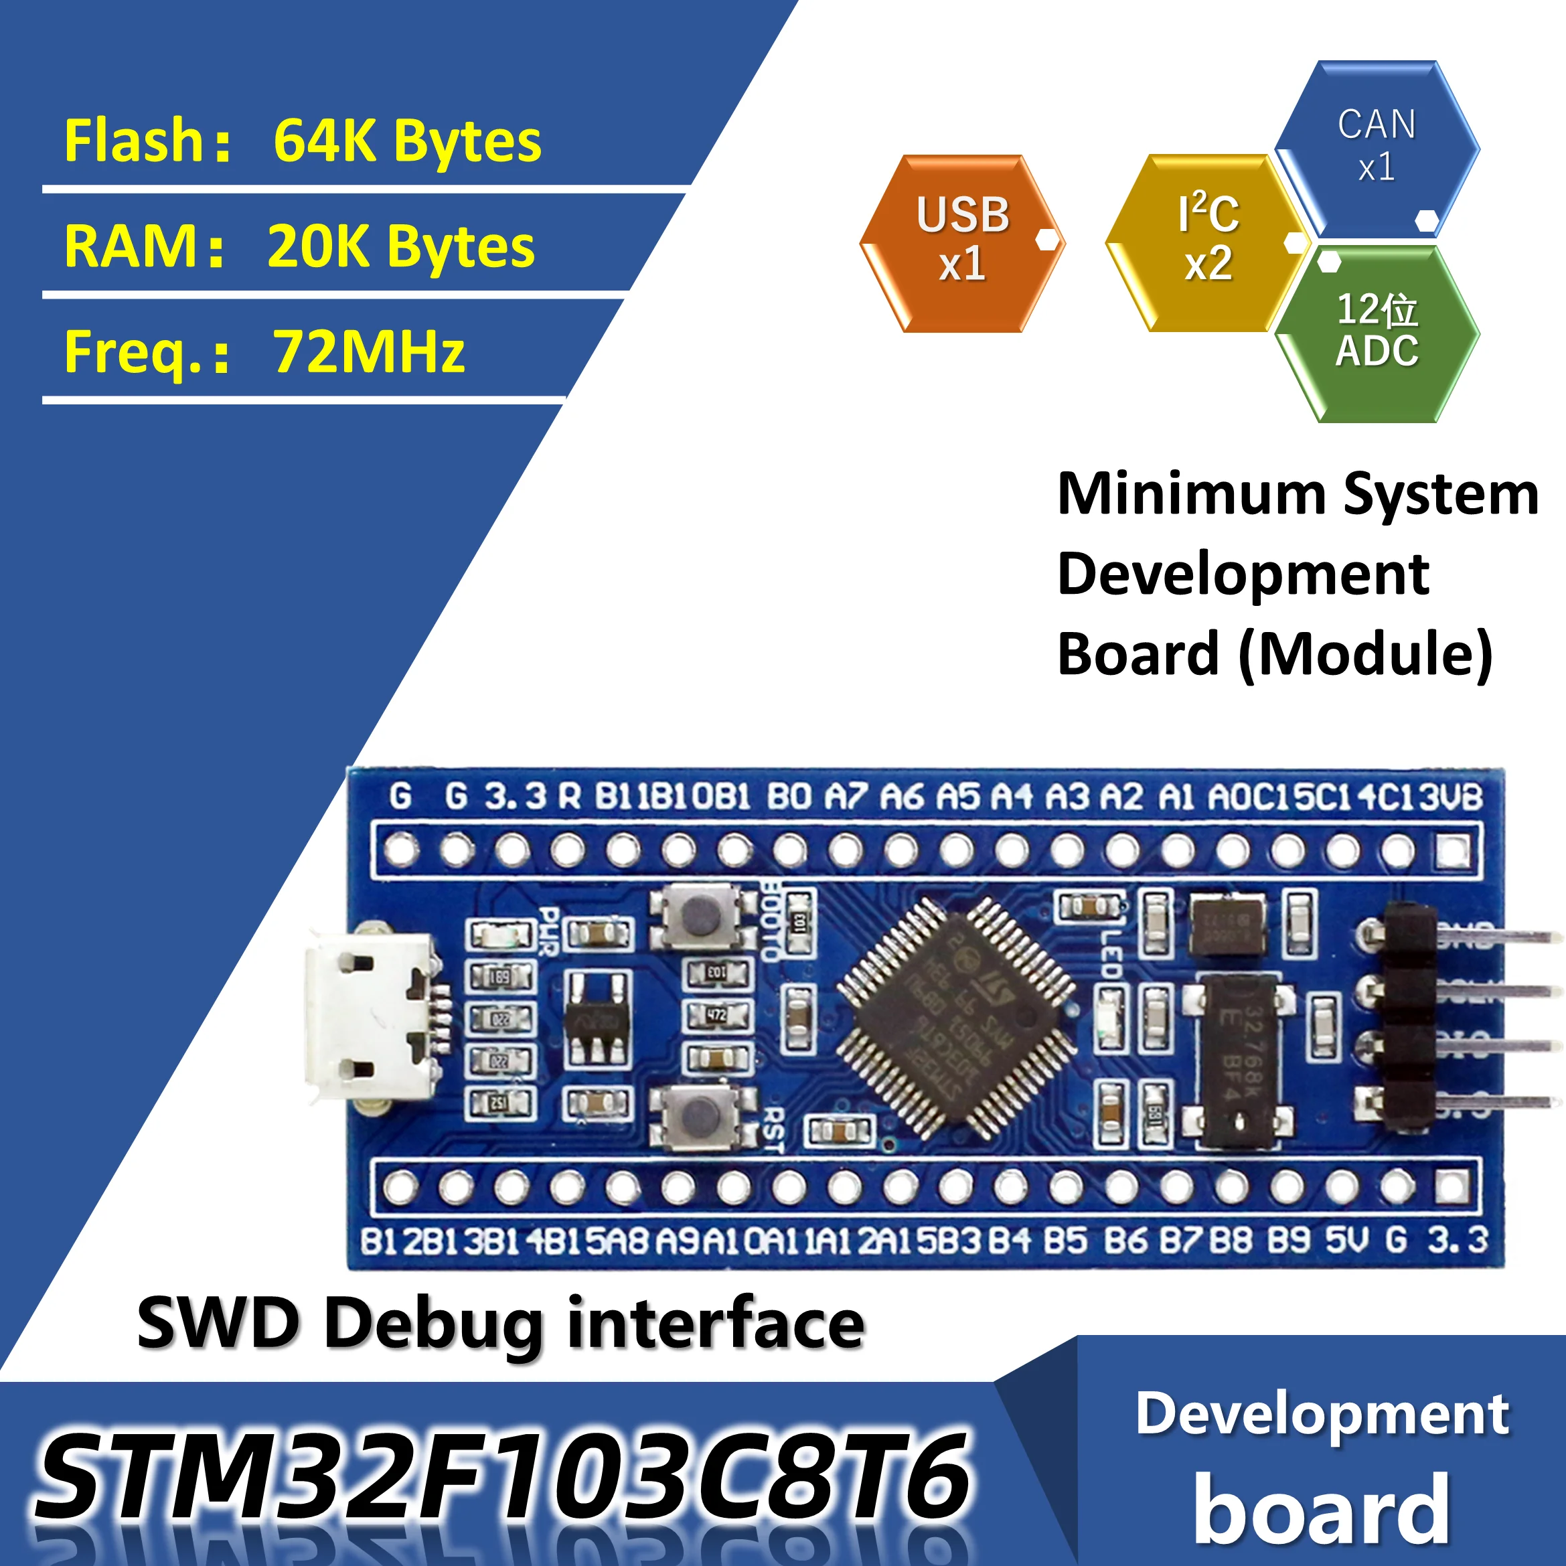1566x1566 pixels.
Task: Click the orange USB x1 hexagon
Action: [x=962, y=243]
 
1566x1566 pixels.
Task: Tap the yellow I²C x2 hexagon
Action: [x=1208, y=243]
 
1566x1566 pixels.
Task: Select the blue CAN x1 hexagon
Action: [x=1377, y=147]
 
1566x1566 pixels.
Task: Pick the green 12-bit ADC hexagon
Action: [x=1377, y=332]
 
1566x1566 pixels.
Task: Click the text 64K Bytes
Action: [x=407, y=141]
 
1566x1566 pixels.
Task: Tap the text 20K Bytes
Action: [x=400, y=246]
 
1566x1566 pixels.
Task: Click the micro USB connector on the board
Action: [x=369, y=1016]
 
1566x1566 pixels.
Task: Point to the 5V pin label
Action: [x=1346, y=1240]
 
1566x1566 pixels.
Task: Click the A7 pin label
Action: [x=846, y=797]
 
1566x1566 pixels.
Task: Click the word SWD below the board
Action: [x=217, y=1324]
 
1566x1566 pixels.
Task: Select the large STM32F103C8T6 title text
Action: [x=503, y=1475]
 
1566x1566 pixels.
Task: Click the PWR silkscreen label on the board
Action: [x=549, y=932]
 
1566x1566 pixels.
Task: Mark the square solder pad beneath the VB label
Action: [x=1453, y=851]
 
